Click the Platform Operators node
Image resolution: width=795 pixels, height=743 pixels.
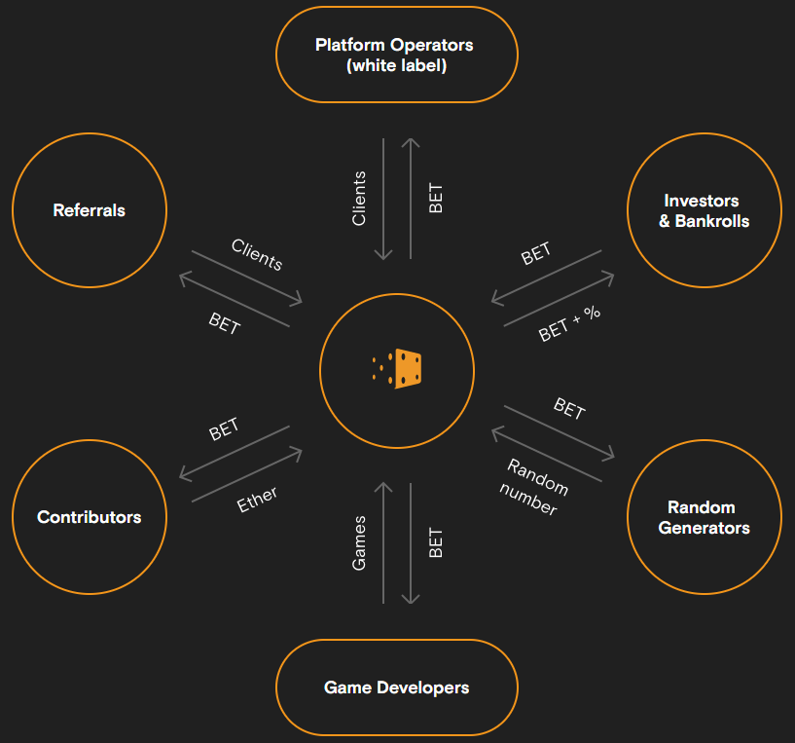point(397,55)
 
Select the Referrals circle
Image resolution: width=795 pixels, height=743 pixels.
point(89,210)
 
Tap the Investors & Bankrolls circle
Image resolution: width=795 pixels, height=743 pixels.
point(705,210)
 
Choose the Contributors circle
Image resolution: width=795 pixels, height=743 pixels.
point(89,517)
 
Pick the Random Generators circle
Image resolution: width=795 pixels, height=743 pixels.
point(705,517)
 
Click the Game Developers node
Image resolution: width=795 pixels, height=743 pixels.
point(397,687)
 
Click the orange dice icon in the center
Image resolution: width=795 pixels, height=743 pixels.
point(398,368)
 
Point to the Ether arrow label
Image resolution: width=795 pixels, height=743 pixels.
point(258,500)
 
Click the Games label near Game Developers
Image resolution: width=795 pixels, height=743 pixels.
point(359,542)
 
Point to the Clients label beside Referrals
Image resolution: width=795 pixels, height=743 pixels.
point(257,254)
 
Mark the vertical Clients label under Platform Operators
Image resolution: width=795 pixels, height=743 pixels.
point(359,199)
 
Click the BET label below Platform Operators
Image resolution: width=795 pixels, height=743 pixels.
point(436,199)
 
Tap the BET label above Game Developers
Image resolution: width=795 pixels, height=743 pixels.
point(436,542)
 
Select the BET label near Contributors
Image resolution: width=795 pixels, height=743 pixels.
point(224,429)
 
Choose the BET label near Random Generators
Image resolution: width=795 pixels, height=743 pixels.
point(569,409)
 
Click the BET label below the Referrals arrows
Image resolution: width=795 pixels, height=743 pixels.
point(224,323)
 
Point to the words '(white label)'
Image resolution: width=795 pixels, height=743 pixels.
point(397,66)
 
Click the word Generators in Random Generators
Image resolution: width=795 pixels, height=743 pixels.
point(705,528)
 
